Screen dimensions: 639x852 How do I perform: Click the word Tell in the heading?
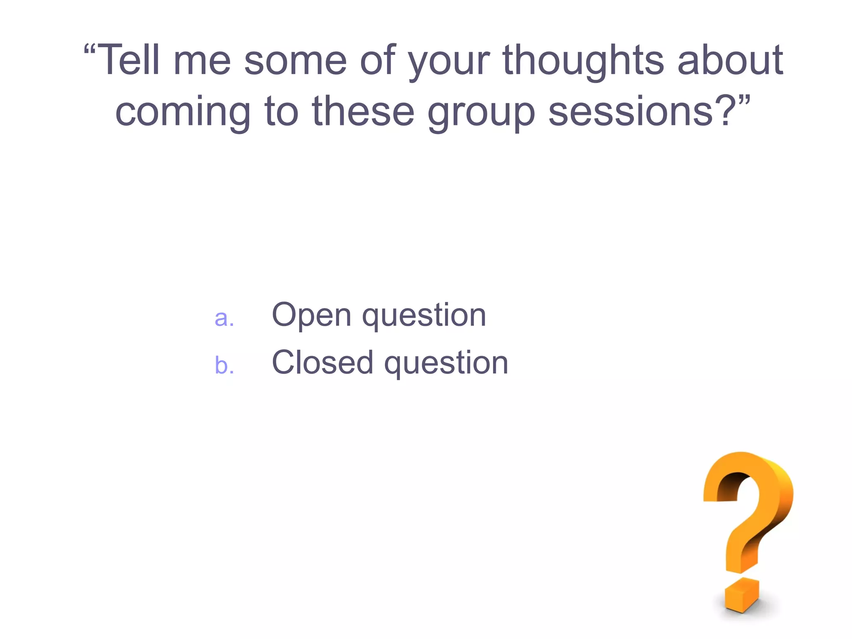[x=130, y=61]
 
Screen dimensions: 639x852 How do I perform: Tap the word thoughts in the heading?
[x=583, y=61]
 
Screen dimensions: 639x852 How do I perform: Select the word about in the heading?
[x=731, y=61]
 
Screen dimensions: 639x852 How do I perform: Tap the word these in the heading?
[x=363, y=111]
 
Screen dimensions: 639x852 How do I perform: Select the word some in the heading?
[x=295, y=62]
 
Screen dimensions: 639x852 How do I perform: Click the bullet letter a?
[x=224, y=319]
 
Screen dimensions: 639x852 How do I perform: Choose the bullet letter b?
[x=224, y=365]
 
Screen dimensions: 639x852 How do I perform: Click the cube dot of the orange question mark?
[x=741, y=594]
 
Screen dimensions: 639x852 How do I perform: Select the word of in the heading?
[x=377, y=61]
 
